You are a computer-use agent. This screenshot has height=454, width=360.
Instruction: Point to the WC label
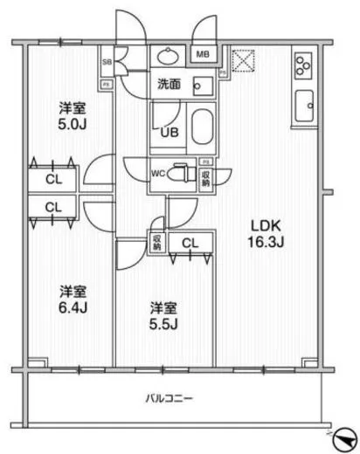coord(158,172)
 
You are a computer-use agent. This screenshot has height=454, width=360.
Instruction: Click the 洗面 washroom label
coord(169,86)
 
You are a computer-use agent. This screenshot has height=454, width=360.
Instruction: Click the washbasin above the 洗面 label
coord(166,57)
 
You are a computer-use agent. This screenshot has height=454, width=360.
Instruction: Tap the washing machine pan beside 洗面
coord(203,87)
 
